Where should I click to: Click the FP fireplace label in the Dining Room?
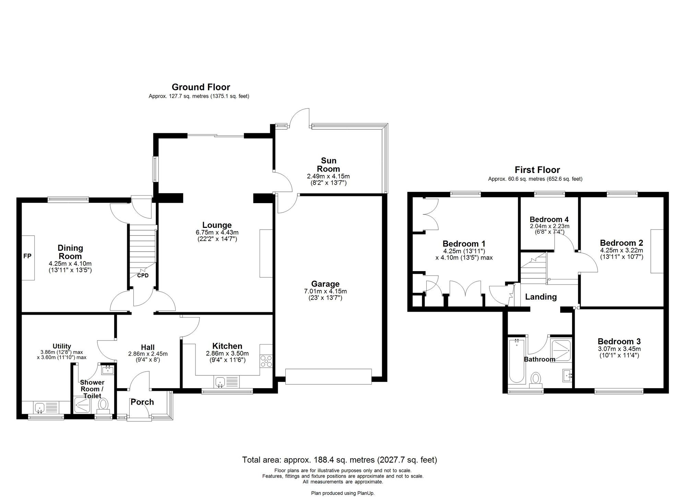(x=27, y=256)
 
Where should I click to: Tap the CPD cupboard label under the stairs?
(x=143, y=276)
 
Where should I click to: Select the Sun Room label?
(x=328, y=165)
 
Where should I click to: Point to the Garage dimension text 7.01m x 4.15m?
(x=326, y=291)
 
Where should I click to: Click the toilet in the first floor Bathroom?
(x=535, y=380)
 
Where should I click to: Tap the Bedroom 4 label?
(x=549, y=219)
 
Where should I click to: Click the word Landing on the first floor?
(x=541, y=297)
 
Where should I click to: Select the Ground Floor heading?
(x=201, y=87)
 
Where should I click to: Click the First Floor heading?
(x=537, y=170)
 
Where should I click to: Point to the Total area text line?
(x=340, y=460)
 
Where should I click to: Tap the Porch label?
(x=142, y=402)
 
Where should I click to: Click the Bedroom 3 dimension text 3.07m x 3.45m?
(x=619, y=349)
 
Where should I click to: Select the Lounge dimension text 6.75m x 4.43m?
(x=217, y=233)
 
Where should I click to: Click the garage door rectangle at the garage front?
(x=329, y=376)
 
